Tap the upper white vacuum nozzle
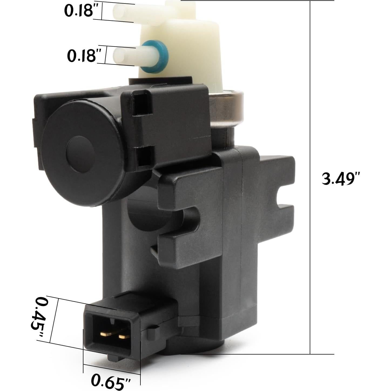[x=142, y=14]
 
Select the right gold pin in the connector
[x=124, y=337]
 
